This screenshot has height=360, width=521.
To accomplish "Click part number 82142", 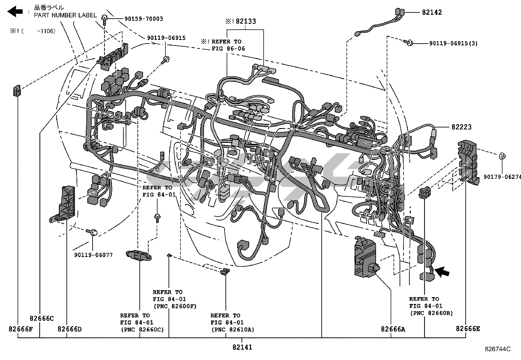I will tap(432, 12).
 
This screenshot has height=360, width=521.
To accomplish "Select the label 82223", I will tap(461, 127).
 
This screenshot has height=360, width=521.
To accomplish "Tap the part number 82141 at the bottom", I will tap(242, 347).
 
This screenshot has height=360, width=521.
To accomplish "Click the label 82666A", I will tap(393, 329).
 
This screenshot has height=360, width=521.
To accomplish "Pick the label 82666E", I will tap(468, 329).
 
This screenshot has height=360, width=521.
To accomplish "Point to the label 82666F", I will tap(20, 329).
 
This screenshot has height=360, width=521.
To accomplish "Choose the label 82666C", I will tap(42, 318).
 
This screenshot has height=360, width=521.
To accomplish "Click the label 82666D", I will tap(69, 329).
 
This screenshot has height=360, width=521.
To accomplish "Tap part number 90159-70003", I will tap(143, 19).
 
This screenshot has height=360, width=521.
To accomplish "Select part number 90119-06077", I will tap(93, 255).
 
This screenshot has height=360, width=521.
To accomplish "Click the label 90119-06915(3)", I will tap(453, 43).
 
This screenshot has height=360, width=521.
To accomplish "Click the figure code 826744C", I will tap(497, 349).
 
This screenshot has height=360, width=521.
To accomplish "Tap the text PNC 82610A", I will tap(232, 330).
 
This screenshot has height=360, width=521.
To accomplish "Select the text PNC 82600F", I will tap(175, 306).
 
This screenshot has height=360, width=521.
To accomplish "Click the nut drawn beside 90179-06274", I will tap(501, 156).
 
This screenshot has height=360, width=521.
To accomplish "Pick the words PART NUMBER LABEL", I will tap(65, 15).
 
